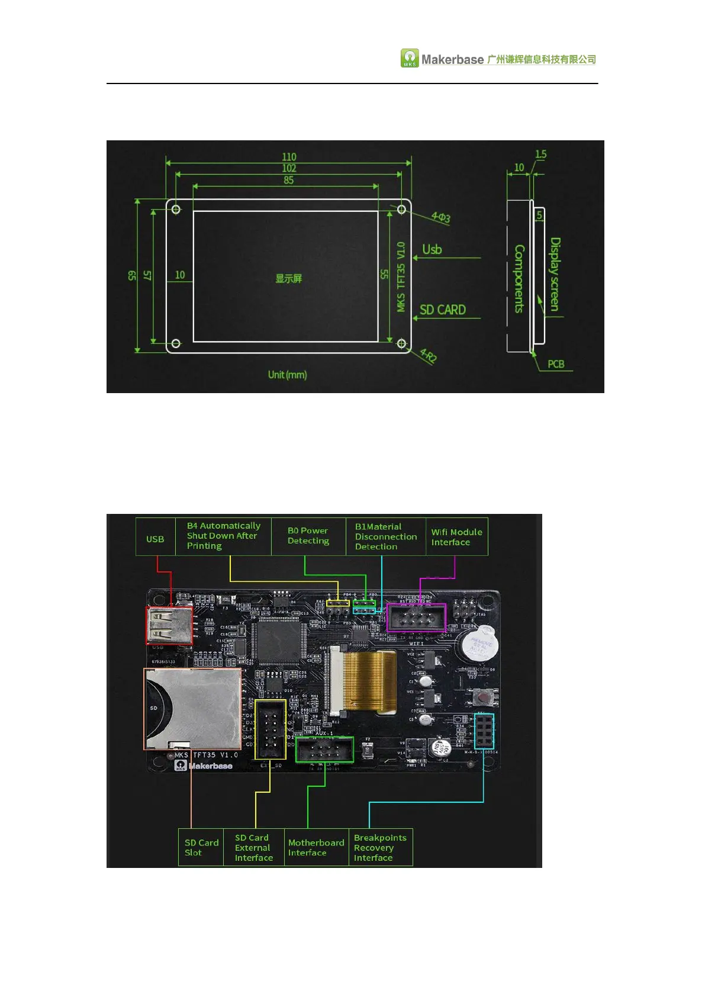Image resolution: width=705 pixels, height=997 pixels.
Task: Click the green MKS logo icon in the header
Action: coord(410,58)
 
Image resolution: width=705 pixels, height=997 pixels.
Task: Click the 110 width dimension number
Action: coord(289,157)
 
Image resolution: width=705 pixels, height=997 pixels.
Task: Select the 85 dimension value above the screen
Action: coord(288,180)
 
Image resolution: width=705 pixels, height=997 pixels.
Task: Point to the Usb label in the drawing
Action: coord(432,250)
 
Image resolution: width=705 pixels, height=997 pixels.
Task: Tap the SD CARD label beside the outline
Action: coord(442,310)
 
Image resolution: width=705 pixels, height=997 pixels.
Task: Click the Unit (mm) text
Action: coord(287,374)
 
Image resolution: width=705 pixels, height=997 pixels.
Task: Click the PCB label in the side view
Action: coord(555,364)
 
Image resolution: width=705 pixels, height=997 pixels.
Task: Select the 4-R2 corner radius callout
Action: coord(428,356)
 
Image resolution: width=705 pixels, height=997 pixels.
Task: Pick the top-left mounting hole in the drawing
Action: coord(176,209)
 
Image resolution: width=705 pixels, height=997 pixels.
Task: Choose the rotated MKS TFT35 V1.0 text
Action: coord(401,276)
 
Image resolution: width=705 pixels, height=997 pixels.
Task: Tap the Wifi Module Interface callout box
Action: coord(456,537)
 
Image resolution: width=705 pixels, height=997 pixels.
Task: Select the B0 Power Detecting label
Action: coord(308,536)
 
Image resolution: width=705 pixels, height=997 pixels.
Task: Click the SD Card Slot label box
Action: coord(201,847)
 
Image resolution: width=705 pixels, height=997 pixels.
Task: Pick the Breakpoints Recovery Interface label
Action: coord(380,847)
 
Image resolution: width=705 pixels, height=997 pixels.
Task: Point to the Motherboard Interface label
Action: coord(316,847)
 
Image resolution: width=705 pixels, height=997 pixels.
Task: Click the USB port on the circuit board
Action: coord(169,625)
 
